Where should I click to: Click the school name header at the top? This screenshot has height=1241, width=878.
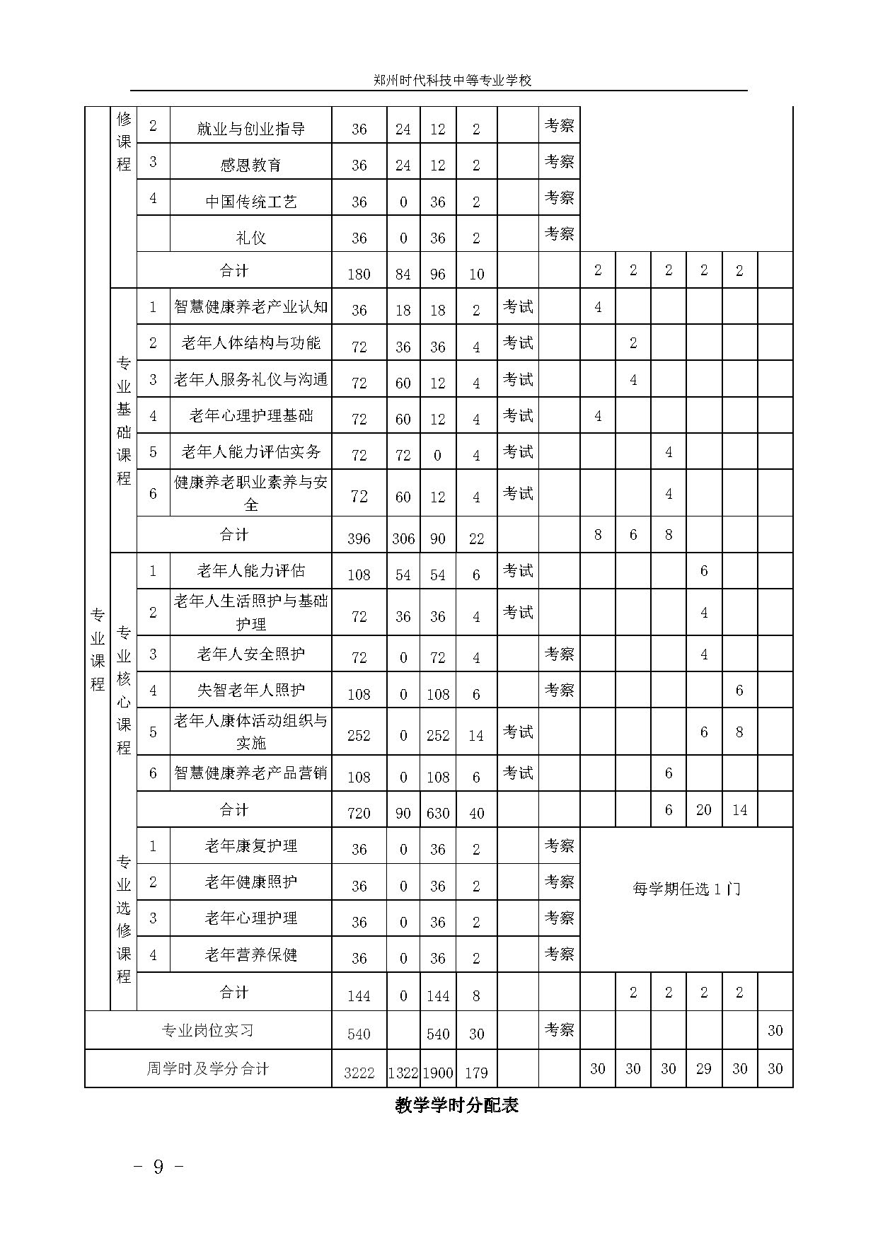coord(452,81)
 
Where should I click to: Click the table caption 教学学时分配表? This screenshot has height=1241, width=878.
coord(456,1105)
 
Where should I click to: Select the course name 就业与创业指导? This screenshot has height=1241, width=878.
coord(250,129)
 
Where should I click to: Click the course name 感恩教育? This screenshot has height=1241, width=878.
coord(250,165)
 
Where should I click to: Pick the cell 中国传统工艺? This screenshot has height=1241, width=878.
coord(250,202)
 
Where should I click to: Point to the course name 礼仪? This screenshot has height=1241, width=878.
coord(250,238)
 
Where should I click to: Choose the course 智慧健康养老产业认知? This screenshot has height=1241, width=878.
coord(250,306)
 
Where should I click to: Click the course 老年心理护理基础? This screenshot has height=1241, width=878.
coord(250,415)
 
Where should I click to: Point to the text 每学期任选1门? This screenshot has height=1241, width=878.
coord(686,889)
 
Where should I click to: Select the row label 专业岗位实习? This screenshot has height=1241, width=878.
coord(207,1030)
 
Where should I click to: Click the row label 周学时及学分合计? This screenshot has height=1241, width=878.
coord(207,1068)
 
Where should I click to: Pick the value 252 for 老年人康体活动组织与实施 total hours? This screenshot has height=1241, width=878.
coord(359,735)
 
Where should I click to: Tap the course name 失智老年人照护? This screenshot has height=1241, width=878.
coord(250,689)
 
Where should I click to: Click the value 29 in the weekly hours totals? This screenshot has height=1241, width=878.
coord(703,1068)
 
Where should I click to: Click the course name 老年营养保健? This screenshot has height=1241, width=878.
coord(250,954)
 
